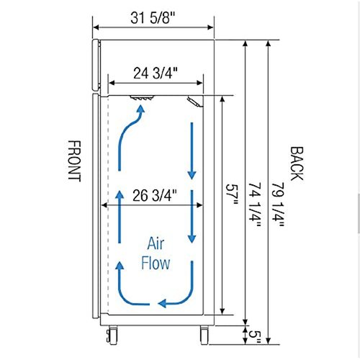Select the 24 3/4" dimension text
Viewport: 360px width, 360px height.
pyautogui.click(x=156, y=73)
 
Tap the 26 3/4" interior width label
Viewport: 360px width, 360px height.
pyautogui.click(x=154, y=194)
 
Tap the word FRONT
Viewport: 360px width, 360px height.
pyautogui.click(x=74, y=161)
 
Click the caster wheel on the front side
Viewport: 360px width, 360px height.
pyautogui.click(x=113, y=333)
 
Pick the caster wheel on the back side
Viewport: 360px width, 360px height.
pyautogui.click(x=203, y=333)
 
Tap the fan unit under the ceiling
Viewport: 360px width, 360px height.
pyautogui.click(x=142, y=99)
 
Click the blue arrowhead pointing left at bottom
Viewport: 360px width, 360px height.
pyautogui.click(x=165, y=302)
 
